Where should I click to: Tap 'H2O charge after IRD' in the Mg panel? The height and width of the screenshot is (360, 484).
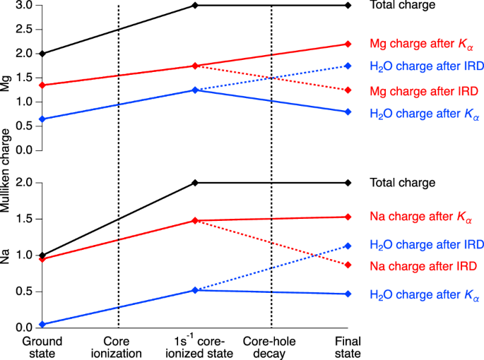coord(427,66)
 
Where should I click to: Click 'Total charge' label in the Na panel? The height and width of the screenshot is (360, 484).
coord(401,183)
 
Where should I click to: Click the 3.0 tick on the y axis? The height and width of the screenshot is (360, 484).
coord(25,6)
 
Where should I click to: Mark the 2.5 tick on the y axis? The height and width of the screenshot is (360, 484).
coord(25,30)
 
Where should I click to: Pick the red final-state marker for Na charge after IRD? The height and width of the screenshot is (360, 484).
coord(348,265)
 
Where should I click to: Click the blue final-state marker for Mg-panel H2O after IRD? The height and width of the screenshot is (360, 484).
coord(348,66)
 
